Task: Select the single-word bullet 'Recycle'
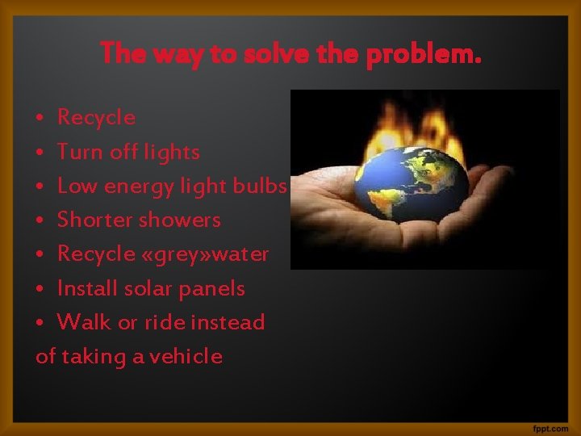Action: [96, 118]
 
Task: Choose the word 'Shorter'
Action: [95, 220]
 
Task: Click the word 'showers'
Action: [180, 220]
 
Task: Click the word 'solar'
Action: [142, 288]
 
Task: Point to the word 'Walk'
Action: [84, 322]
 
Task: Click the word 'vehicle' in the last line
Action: [187, 356]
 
